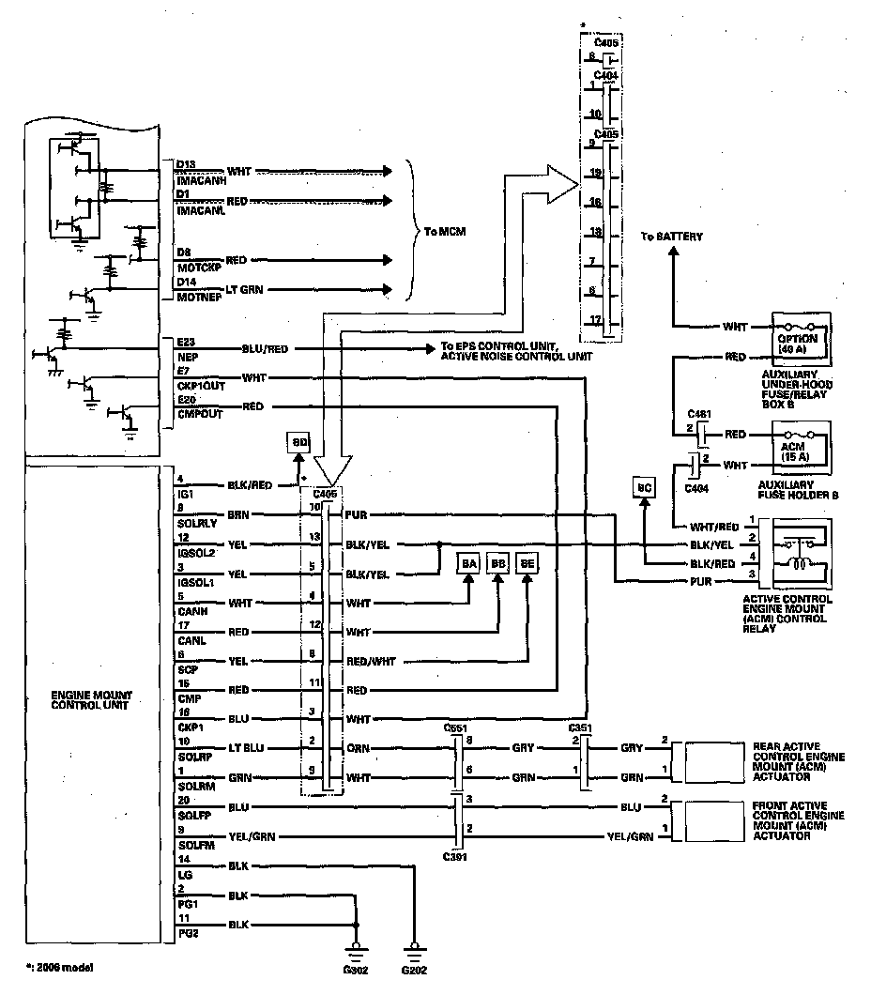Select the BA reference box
pyautogui.click(x=469, y=562)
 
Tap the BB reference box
pyautogui.click(x=499, y=562)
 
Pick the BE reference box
pyautogui.click(x=528, y=562)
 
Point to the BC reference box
pyautogui.click(x=644, y=488)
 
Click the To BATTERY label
pyautogui.click(x=671, y=237)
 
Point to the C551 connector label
pyautogui.click(x=456, y=727)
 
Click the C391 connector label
pyautogui.click(x=456, y=856)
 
